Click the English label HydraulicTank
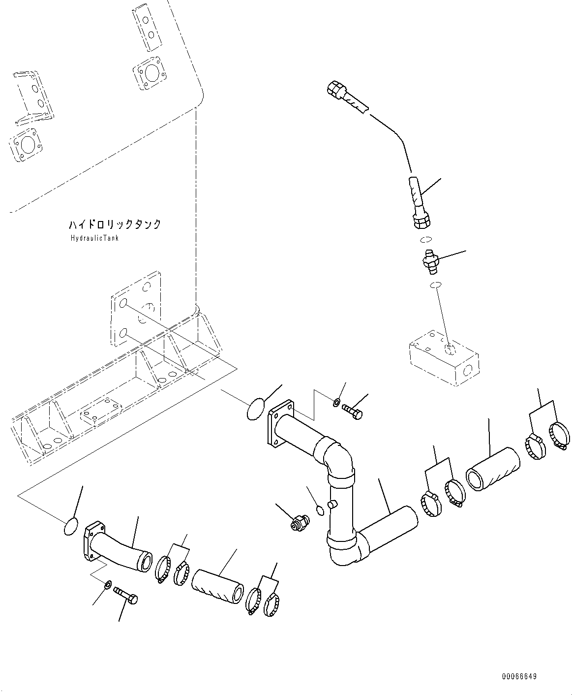[94, 238]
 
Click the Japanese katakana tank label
[115, 224]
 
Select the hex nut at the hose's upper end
[334, 89]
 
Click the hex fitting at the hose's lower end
[422, 221]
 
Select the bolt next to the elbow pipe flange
[352, 411]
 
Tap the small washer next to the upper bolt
[336, 403]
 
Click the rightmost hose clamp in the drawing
[560, 436]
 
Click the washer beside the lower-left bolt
[108, 584]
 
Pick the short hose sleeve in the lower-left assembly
[217, 587]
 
